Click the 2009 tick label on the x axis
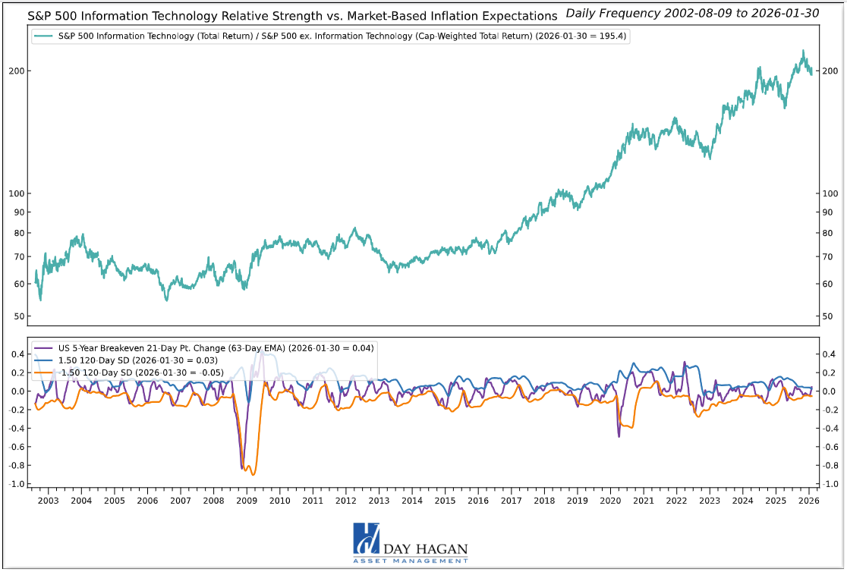tap(247, 501)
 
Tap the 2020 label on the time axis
tap(610, 501)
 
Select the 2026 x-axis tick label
tap(809, 501)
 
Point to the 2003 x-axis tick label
tap(48, 501)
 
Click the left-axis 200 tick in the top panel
tap(20, 71)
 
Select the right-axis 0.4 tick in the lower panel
tap(830, 354)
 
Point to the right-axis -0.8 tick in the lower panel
tap(831, 466)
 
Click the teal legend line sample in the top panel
tap(44, 36)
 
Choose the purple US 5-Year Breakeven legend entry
tap(213, 348)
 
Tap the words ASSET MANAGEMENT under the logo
tap(411, 561)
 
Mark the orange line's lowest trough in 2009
tap(253, 475)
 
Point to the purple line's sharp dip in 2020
tap(619, 435)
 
